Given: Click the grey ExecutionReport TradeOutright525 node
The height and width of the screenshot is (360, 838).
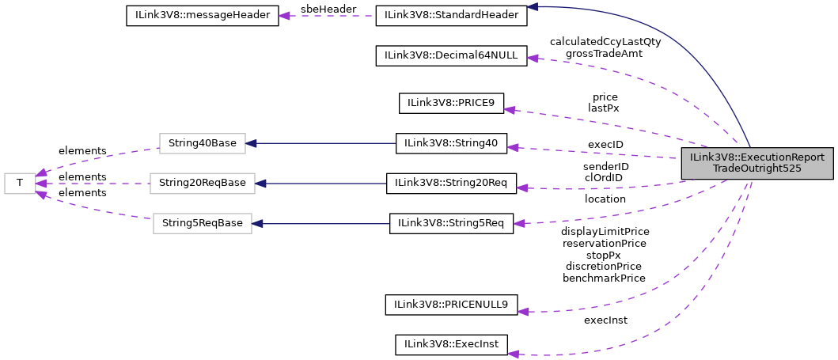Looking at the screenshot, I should click(757, 163).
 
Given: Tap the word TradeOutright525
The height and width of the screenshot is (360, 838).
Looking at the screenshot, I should click(757, 169).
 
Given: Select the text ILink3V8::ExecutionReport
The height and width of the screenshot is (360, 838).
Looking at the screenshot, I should click(757, 157).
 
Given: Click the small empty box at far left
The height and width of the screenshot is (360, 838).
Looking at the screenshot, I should click(20, 184).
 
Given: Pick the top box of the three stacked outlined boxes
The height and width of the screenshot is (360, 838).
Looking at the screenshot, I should click(202, 143).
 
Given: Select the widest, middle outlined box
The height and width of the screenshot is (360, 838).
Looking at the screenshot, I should click(202, 184).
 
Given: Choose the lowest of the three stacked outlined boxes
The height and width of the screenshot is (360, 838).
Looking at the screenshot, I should click(202, 223).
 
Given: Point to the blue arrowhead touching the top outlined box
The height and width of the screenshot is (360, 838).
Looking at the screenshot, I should click(251, 143).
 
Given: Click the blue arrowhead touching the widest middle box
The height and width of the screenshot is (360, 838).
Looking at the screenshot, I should click(260, 184).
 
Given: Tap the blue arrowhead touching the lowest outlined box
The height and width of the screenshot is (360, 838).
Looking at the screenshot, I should click(257, 224).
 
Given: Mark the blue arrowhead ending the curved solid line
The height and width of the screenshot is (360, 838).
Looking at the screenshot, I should click(533, 6).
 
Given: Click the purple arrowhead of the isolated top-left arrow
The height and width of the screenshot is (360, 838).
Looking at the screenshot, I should click(284, 16).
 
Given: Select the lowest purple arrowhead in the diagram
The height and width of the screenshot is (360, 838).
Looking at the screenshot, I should click(514, 354).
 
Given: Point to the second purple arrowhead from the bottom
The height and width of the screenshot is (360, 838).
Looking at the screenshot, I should click(523, 312).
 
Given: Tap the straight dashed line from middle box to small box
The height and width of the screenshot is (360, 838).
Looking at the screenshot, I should click(95, 184).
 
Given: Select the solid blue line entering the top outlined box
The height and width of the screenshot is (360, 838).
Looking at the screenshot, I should click(324, 143).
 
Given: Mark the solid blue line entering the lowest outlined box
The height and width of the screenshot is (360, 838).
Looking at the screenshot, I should click(324, 224).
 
